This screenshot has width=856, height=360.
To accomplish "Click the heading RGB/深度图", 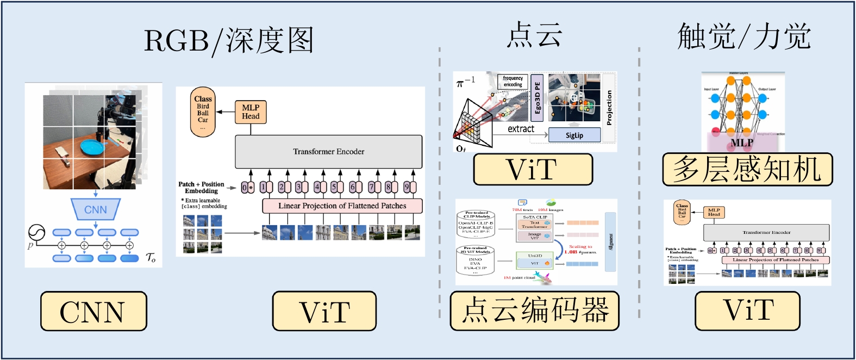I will pyautogui.click(x=229, y=41).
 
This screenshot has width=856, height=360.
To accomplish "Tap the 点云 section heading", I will pyautogui.click(x=534, y=35).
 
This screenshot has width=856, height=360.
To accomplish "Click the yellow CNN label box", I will pyautogui.click(x=93, y=311).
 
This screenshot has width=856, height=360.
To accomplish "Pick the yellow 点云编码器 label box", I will pyautogui.click(x=534, y=311).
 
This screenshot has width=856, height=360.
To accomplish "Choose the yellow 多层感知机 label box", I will pyautogui.click(x=747, y=169).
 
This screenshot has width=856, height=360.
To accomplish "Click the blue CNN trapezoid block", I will pyautogui.click(x=96, y=209).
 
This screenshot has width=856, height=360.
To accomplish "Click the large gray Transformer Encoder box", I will pyautogui.click(x=328, y=152).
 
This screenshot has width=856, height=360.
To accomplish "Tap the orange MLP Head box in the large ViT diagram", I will pyautogui.click(x=251, y=111).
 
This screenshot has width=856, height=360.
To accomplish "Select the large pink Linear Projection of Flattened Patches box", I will pyautogui.click(x=342, y=206).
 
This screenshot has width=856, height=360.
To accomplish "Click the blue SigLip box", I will pyautogui.click(x=574, y=135).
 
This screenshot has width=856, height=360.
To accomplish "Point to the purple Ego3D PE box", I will pyautogui.click(x=537, y=98).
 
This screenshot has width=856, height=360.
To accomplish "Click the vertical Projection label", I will pyautogui.click(x=609, y=107).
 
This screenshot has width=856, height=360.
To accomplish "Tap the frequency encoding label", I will pyautogui.click(x=513, y=82).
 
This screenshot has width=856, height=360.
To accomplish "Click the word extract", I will pyautogui.click(x=521, y=129).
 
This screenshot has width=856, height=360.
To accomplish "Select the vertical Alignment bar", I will pyautogui.click(x=610, y=241).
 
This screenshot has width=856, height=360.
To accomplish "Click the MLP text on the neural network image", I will pyautogui.click(x=741, y=142).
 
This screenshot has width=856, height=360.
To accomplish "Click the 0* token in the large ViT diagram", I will pyautogui.click(x=247, y=188).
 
